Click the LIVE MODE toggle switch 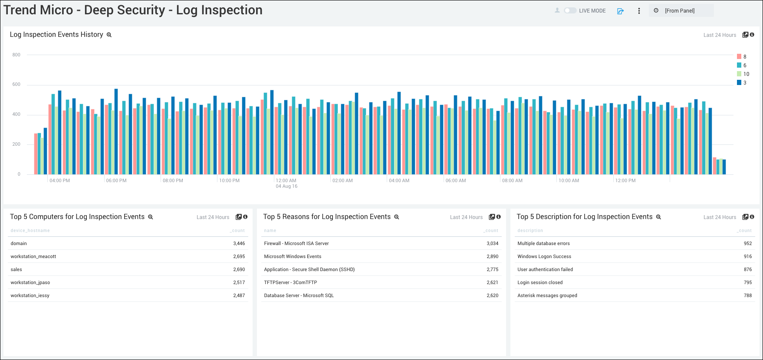570,10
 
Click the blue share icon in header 620,11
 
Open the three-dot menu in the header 639,11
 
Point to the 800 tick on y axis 16,55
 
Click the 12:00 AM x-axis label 286,180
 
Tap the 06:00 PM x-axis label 116,180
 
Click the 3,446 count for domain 239,243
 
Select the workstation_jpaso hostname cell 30,282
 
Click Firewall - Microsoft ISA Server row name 296,243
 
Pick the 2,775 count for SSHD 492,269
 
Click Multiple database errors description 543,243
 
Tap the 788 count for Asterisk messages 747,295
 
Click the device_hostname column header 30,231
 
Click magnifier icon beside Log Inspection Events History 109,35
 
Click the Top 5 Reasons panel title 327,217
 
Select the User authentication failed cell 545,269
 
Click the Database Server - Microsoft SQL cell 299,295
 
